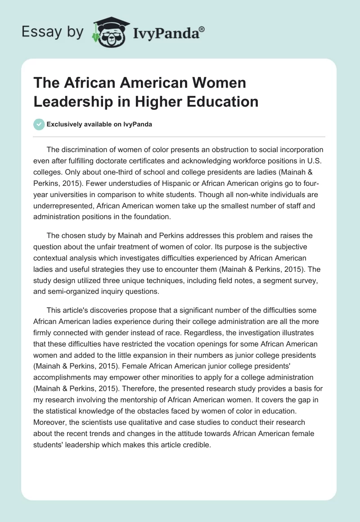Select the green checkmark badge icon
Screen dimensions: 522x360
pos(39,124)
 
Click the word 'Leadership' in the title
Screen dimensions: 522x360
pos(73,101)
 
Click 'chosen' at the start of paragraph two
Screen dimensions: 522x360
pos(73,236)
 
